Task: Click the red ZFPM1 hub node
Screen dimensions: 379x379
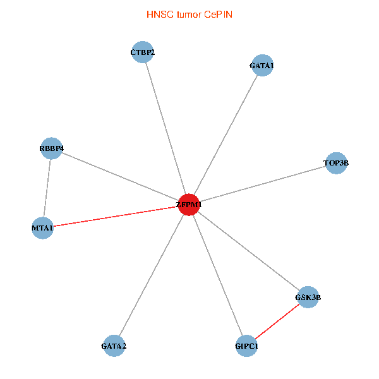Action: click(189, 205)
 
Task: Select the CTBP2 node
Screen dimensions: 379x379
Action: click(143, 52)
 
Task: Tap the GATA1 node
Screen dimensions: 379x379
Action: click(262, 65)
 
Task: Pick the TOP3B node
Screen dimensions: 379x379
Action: click(335, 163)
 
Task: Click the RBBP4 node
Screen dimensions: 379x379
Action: click(51, 148)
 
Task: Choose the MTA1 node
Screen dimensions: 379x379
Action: click(42, 227)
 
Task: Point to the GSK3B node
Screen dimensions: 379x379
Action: click(308, 297)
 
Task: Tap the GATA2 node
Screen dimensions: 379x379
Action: click(114, 346)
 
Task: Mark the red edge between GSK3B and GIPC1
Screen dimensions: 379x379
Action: click(277, 322)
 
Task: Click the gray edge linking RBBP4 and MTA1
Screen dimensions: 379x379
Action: click(47, 188)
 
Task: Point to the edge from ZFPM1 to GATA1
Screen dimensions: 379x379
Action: click(226, 135)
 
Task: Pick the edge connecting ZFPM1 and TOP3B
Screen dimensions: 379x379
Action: click(262, 184)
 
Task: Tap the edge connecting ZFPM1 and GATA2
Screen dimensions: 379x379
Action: click(152, 275)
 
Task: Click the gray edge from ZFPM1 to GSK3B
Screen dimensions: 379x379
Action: click(248, 251)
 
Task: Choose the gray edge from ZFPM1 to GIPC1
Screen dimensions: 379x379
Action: click(217, 275)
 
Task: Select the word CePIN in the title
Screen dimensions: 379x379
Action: click(218, 14)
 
